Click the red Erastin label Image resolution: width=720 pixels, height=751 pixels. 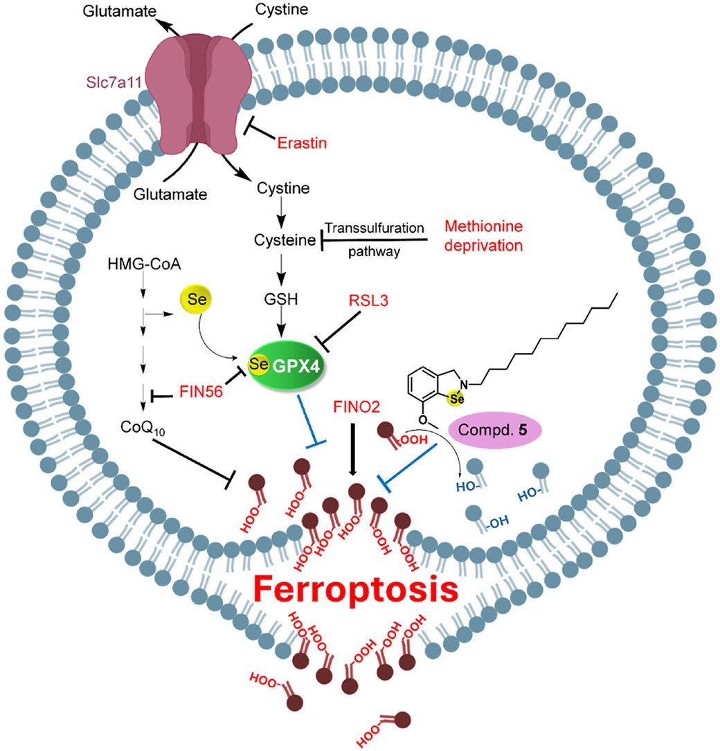point(302,143)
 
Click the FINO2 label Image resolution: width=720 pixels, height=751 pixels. point(354,406)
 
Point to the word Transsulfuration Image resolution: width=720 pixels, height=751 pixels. point(374,228)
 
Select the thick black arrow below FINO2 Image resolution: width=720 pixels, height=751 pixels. point(352,449)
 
